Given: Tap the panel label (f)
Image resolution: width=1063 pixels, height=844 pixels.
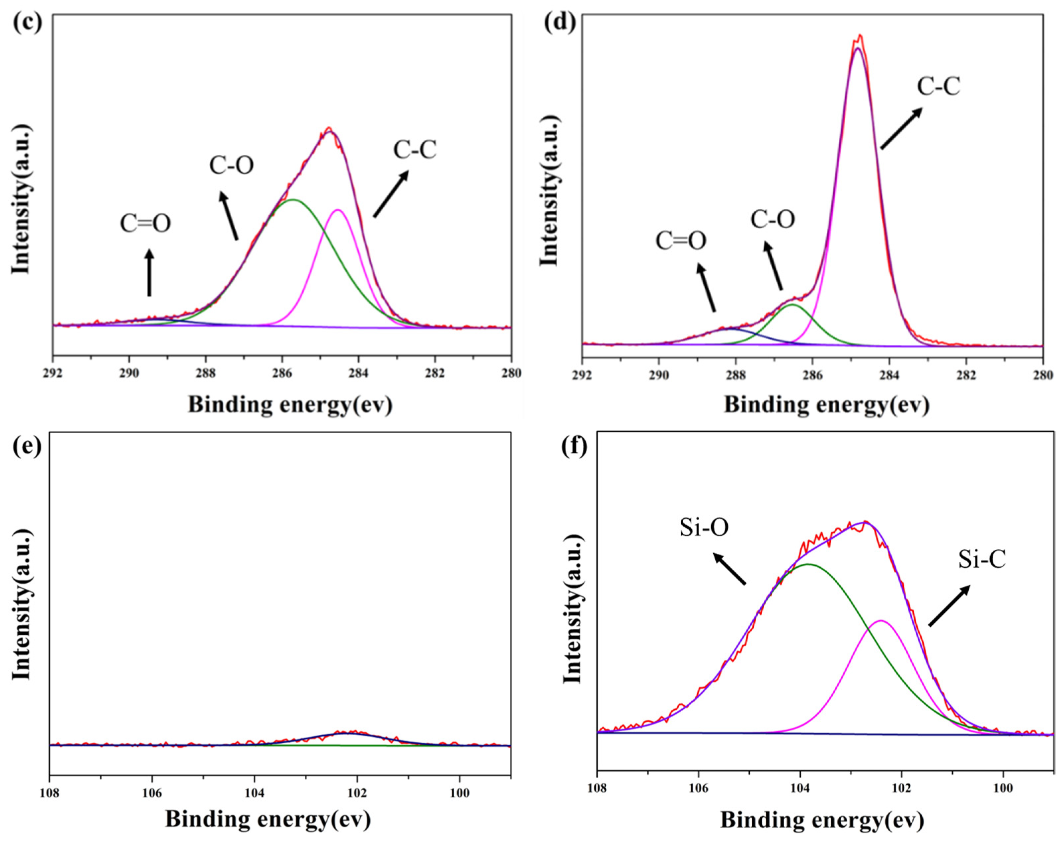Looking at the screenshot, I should coord(574,447).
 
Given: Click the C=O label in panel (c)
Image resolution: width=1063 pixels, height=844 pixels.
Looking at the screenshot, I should coord(145,223).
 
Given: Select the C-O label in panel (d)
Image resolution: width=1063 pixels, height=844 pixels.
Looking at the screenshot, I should coord(773,219).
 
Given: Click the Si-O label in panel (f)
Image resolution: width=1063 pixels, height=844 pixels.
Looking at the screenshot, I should coord(704,528).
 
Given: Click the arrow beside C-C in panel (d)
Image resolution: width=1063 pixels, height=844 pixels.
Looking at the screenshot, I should coord(901,128).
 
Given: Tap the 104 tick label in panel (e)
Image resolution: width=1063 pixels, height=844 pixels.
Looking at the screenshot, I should coord(255,793).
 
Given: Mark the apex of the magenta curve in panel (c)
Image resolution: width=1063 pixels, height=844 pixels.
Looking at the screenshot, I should coord(338,210).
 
